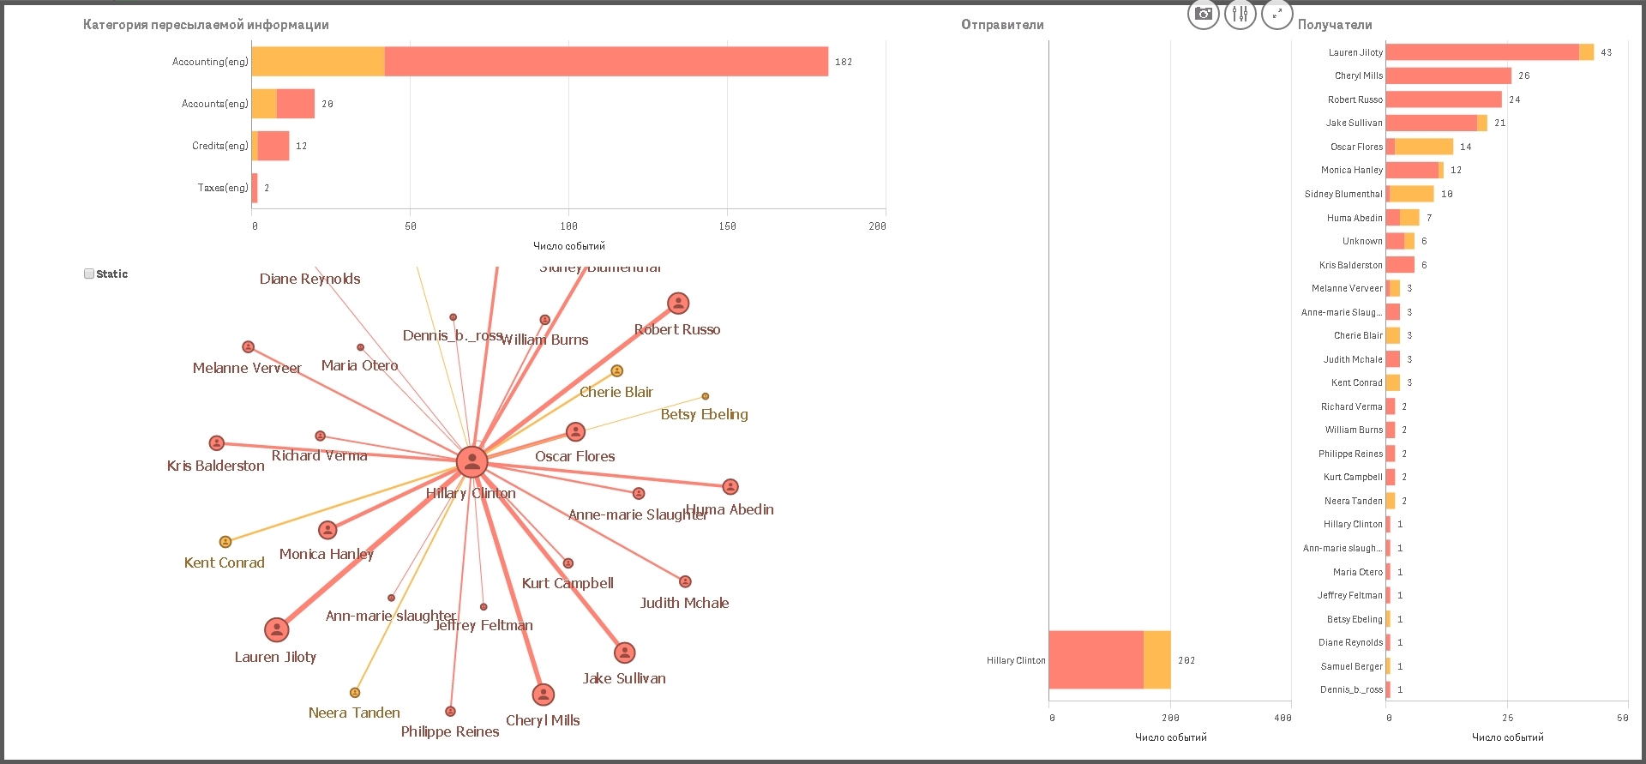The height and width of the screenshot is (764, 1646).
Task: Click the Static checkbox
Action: click(89, 274)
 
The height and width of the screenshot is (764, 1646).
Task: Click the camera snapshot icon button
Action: click(1204, 14)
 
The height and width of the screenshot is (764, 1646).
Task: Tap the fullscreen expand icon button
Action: click(1277, 14)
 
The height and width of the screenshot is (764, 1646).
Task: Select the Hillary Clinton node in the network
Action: click(472, 461)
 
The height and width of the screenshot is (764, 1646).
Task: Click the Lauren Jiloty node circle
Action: click(276, 629)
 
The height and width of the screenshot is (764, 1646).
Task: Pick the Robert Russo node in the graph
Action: click(678, 303)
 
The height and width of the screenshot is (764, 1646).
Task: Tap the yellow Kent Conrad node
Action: click(225, 542)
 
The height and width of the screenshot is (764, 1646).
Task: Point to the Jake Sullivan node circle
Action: click(625, 653)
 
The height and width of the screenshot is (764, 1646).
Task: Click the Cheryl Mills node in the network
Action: click(543, 694)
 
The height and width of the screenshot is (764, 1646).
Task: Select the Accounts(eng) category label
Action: click(214, 104)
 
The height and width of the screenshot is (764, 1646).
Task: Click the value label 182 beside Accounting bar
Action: click(844, 62)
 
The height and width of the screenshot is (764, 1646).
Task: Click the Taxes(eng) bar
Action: click(255, 188)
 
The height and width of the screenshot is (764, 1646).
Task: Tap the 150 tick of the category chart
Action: click(727, 226)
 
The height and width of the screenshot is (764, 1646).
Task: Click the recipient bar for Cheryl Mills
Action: click(1448, 75)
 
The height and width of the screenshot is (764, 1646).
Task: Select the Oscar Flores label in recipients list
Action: click(1356, 147)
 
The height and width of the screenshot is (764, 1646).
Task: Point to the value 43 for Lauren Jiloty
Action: click(1606, 52)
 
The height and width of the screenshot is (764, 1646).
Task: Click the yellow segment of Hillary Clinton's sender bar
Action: click(1157, 659)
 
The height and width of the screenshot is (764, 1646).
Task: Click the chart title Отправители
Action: click(1002, 25)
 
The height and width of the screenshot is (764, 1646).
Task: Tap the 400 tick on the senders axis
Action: click(1283, 718)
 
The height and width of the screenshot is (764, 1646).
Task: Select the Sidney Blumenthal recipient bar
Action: click(1410, 194)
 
